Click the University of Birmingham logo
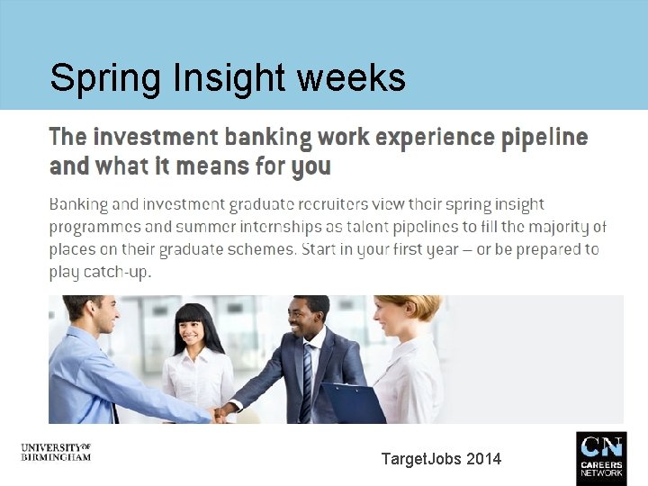pos(56,451)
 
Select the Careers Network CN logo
pos(600,458)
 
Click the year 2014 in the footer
pos(483,459)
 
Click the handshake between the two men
pos(219,413)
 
